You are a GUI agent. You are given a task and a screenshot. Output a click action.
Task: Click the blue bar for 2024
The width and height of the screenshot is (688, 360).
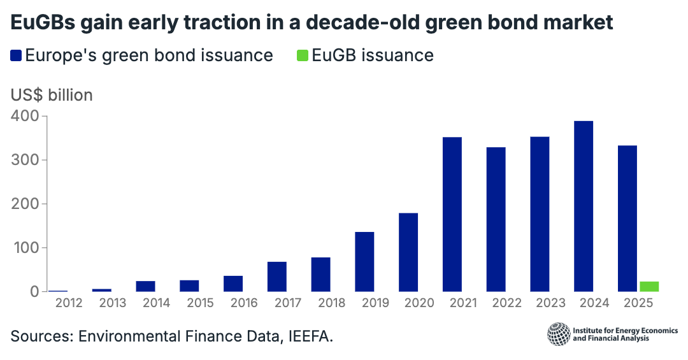pos(584,206)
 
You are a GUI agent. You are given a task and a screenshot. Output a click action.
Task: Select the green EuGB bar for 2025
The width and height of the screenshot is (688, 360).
pos(649,287)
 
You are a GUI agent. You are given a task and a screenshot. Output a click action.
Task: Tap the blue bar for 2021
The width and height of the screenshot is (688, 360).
pos(452,215)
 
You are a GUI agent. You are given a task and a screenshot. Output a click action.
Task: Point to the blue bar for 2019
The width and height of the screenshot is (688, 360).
pos(364,262)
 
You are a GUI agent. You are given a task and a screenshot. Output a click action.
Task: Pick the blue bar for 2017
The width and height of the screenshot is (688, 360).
pos(276,277)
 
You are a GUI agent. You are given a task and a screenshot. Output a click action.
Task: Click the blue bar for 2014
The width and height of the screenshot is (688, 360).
pos(145,286)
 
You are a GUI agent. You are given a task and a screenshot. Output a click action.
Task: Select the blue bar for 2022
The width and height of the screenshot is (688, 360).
pos(496,219)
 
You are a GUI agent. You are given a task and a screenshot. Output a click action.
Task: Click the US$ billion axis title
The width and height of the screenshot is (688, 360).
pos(52,95)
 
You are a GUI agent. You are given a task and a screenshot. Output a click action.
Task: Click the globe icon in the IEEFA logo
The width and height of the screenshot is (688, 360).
pos(559,335)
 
